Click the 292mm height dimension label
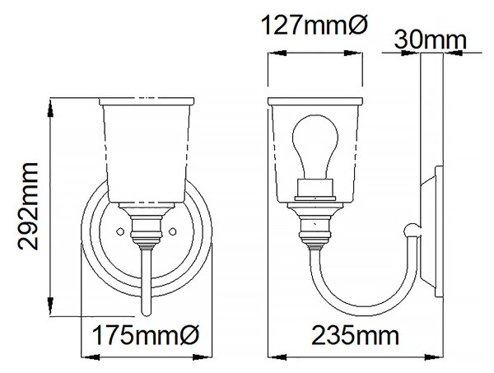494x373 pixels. (x=28, y=207)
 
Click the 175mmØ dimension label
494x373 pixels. (x=146, y=335)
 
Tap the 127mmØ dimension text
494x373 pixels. (x=315, y=26)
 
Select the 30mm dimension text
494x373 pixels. (x=430, y=40)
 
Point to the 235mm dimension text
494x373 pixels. (x=355, y=335)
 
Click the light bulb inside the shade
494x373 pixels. (x=315, y=147)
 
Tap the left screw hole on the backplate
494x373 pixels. (x=119, y=231)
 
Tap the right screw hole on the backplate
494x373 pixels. (x=172, y=231)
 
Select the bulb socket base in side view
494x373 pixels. (x=315, y=189)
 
